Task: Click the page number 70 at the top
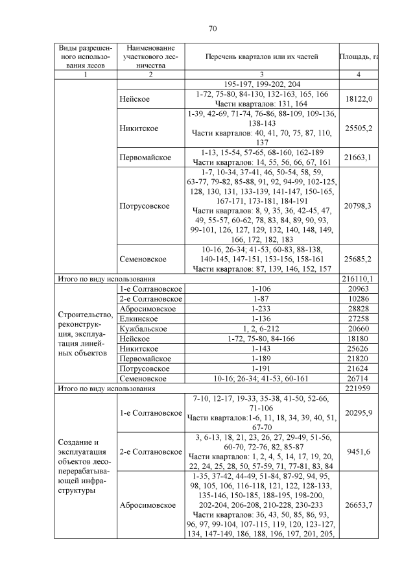coord(212,29)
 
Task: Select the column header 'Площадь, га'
coord(359,57)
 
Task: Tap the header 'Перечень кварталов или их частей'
coord(261,57)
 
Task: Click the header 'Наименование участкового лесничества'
coord(150,57)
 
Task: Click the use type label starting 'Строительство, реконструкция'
coord(85,333)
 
